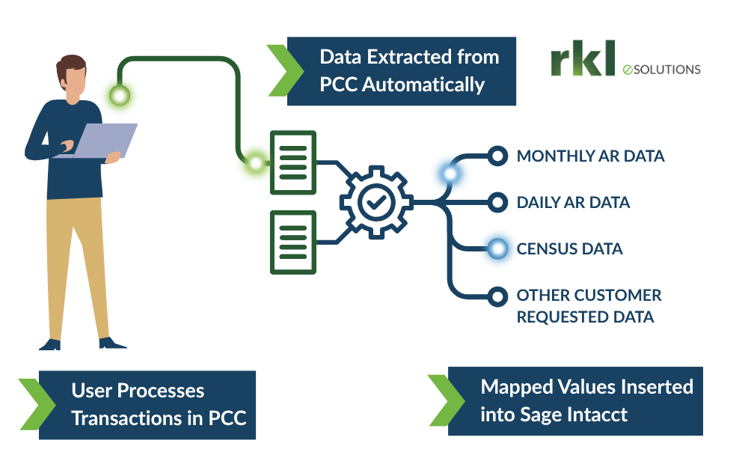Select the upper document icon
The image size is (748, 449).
pyautogui.click(x=292, y=162)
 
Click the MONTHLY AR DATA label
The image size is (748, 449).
pyautogui.click(x=590, y=156)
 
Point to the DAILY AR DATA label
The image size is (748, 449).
pyautogui.click(x=573, y=203)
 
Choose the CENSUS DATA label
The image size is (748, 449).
pyautogui.click(x=569, y=248)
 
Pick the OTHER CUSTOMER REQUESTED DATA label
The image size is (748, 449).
pyautogui.click(x=589, y=306)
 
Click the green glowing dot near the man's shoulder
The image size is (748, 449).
pyautogui.click(x=120, y=95)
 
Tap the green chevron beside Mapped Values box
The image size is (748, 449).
pyautogui.click(x=443, y=400)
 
